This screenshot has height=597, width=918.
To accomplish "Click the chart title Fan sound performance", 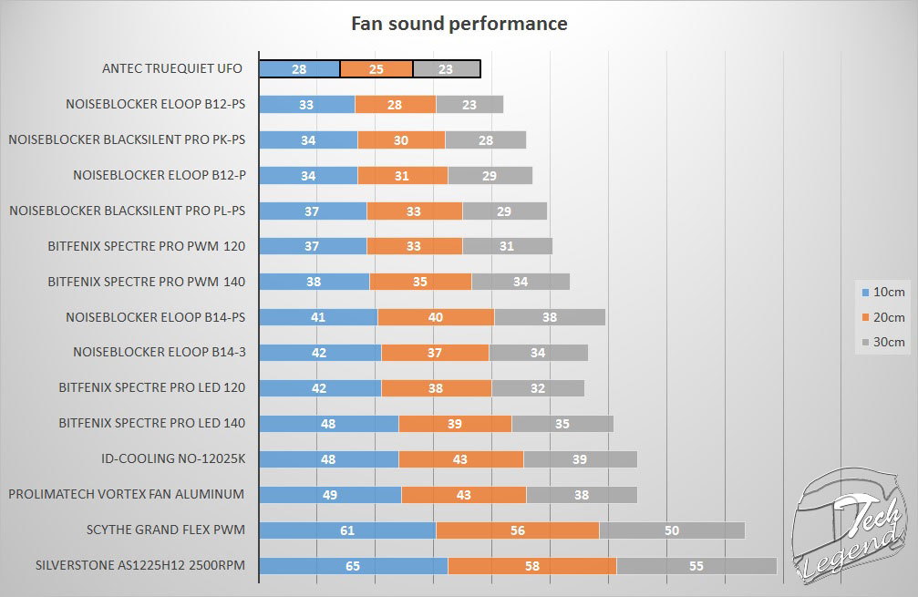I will coord(459,24).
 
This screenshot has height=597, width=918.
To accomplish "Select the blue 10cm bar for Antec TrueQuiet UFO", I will coord(299,69).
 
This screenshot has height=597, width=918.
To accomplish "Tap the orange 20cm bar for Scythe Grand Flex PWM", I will coord(517,530).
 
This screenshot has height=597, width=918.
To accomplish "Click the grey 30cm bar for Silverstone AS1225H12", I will coord(696,565).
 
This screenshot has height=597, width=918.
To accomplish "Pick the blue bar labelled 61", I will coord(346,530).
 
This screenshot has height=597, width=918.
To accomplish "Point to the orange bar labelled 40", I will coord(436,317).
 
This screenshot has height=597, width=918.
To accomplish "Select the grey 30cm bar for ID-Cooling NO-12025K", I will coord(580,458).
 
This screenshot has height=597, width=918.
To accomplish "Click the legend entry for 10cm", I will coord(882,293).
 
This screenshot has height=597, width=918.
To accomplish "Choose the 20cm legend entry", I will coord(882,317).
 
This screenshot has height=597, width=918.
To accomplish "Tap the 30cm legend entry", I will coord(882,342).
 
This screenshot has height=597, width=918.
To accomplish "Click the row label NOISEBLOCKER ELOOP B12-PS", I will coord(156,104).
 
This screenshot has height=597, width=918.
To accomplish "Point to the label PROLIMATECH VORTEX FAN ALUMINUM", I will coord(126,494).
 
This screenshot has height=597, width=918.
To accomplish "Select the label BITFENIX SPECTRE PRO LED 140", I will coord(151,423).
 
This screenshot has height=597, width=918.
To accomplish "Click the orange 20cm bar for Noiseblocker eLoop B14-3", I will coord(435,352).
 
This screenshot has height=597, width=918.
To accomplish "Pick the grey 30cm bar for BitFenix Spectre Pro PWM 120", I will coord(507,246).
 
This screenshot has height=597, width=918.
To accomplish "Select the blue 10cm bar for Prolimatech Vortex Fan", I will coord(330,494).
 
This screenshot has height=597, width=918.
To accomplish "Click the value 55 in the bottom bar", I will coord(696,565).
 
